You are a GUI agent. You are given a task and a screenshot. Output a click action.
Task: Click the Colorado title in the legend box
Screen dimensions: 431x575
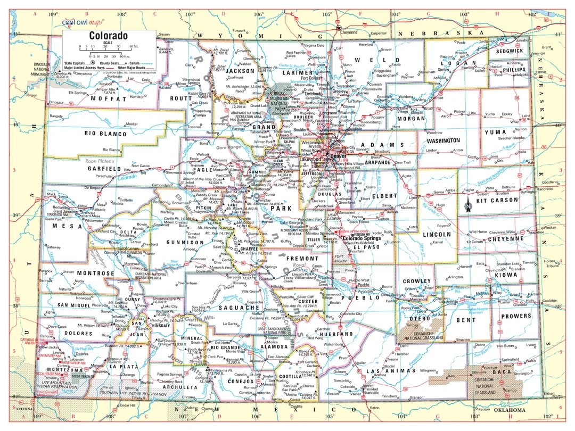tap(108, 36)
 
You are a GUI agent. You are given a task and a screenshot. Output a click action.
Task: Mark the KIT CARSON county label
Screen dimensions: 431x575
tap(497, 200)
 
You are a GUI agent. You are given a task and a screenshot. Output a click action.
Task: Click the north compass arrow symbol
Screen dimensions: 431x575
tap(468, 203)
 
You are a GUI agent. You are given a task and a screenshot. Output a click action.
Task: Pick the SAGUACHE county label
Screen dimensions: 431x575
tap(240, 308)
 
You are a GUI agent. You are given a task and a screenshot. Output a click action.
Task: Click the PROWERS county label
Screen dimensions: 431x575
tap(515, 316)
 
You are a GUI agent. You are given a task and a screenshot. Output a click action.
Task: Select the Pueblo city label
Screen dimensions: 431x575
tap(362, 285)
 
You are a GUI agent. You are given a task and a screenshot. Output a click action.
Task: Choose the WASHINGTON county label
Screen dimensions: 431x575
tap(443, 140)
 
